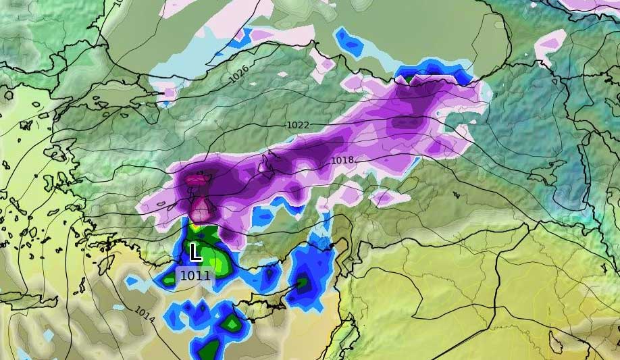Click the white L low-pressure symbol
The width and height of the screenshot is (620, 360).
(195, 253)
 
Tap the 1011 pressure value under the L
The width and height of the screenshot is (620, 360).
(195, 275)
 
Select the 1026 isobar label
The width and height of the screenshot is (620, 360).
(238, 74)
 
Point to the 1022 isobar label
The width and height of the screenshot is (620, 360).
(298, 125)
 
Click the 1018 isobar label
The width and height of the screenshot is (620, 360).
(342, 161)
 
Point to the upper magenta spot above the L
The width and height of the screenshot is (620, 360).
(195, 180)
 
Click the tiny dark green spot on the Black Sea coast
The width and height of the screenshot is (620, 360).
(408, 79)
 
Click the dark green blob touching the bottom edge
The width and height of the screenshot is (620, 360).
(210, 350)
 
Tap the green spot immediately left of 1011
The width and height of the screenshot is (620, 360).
(167, 278)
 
